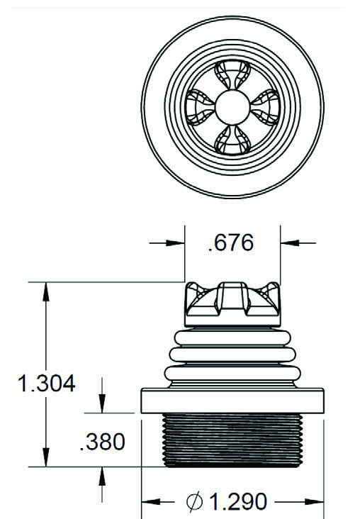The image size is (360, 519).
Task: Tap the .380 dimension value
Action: click(103, 442)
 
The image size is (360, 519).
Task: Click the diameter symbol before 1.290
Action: click(194, 502)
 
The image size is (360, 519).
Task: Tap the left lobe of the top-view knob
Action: click(199, 106)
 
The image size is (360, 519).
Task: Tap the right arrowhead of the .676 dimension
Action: click(290, 243)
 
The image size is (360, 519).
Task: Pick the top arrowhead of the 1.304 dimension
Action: click(46, 291)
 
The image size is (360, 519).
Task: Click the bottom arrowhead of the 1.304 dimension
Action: click(46, 458)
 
